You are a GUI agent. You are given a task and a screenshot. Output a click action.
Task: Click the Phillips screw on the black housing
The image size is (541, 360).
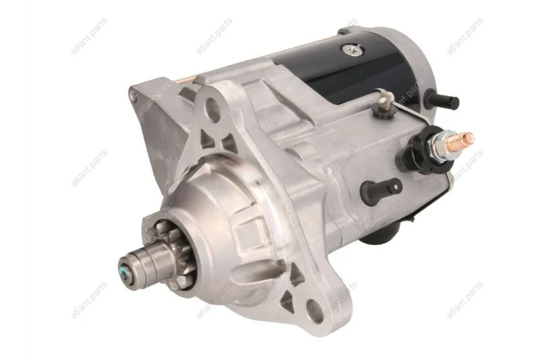(x=353, y=50)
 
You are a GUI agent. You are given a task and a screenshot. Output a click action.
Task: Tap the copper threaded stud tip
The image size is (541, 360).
(x=469, y=138)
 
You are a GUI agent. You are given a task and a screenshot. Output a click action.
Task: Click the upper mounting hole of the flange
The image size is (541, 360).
(x=212, y=107)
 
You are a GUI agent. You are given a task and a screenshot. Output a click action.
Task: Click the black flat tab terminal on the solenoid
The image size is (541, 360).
(x=381, y=189)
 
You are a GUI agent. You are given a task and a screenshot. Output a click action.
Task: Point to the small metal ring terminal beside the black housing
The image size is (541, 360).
(x=383, y=102)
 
